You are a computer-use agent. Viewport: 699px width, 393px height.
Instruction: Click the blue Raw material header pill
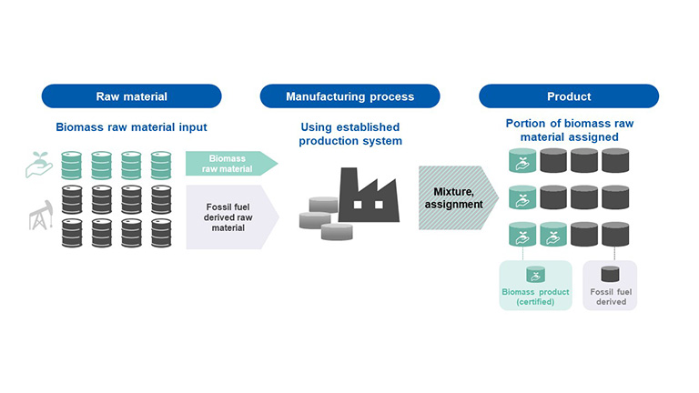[x=131, y=96]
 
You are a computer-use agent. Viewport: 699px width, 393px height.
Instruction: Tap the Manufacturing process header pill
[x=349, y=96]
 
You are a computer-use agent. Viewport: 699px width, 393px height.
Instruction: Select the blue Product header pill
[x=569, y=96]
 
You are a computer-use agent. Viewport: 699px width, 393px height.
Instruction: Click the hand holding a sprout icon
[x=39, y=165]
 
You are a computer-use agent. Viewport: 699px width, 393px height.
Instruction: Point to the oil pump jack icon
[x=41, y=216]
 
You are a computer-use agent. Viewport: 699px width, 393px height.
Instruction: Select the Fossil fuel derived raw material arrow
[x=232, y=217]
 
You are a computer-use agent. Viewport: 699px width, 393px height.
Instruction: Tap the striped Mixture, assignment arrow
[x=458, y=197]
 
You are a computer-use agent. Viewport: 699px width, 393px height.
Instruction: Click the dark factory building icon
[x=369, y=196]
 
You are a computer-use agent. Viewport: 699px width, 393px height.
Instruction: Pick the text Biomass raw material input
[x=131, y=127]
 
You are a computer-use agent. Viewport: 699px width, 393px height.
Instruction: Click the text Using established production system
[x=350, y=134]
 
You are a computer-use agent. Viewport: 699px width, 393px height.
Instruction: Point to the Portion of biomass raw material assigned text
[x=569, y=130]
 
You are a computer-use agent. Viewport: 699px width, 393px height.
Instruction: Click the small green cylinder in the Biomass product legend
[x=535, y=275]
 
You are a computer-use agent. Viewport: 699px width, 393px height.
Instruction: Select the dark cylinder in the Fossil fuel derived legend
[x=610, y=274]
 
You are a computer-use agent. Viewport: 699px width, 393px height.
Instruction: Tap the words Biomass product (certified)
[x=535, y=297]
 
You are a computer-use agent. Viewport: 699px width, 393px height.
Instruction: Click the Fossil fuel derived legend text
[x=611, y=297]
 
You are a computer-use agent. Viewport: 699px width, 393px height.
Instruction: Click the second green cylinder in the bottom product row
[x=553, y=235]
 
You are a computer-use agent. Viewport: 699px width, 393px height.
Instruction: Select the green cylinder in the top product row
[x=522, y=160]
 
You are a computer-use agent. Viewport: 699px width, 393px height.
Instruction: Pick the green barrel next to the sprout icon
[x=71, y=166]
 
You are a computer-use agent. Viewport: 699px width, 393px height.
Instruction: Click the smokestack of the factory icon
[x=349, y=180]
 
